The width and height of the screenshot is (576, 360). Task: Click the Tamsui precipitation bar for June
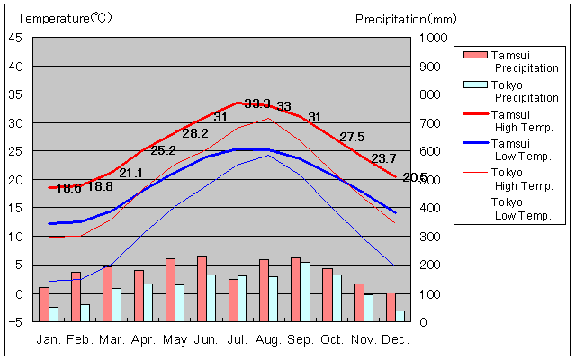coord(202,289)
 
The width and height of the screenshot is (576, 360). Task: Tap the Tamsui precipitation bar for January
coord(43,304)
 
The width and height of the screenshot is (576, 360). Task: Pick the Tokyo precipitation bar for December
coord(400,316)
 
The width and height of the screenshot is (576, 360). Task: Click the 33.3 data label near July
coord(257,103)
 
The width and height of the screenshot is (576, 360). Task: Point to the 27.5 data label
coord(351,137)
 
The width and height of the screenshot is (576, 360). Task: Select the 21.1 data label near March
coord(130,173)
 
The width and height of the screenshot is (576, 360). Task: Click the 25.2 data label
coord(163,150)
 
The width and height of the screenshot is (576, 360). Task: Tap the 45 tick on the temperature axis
coord(17,38)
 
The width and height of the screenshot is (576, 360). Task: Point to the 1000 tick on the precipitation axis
coord(432,38)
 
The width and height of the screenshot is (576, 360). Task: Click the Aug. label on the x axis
coord(268,340)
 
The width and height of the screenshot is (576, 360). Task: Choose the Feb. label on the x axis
coord(79,340)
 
